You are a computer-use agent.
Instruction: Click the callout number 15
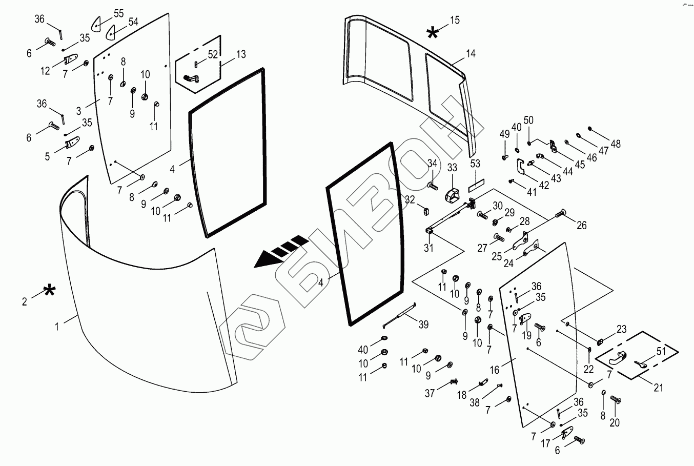coord(455,21)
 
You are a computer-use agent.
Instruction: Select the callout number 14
coord(471,53)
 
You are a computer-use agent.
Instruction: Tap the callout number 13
coord(240,54)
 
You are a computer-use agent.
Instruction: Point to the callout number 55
coord(118,14)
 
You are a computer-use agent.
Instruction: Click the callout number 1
coord(57,326)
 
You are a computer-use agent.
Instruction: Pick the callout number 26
coord(581,225)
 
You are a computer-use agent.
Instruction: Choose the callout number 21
coord(658,388)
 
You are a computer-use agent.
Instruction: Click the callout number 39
coord(423,325)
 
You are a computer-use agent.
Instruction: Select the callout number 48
coord(615,145)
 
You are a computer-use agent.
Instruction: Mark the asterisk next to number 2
coord(49,292)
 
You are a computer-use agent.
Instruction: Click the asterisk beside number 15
coord(433,33)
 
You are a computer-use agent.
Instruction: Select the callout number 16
coord(495,369)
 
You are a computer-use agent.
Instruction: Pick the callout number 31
coord(428,248)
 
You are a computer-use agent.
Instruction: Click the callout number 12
coord(46,71)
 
